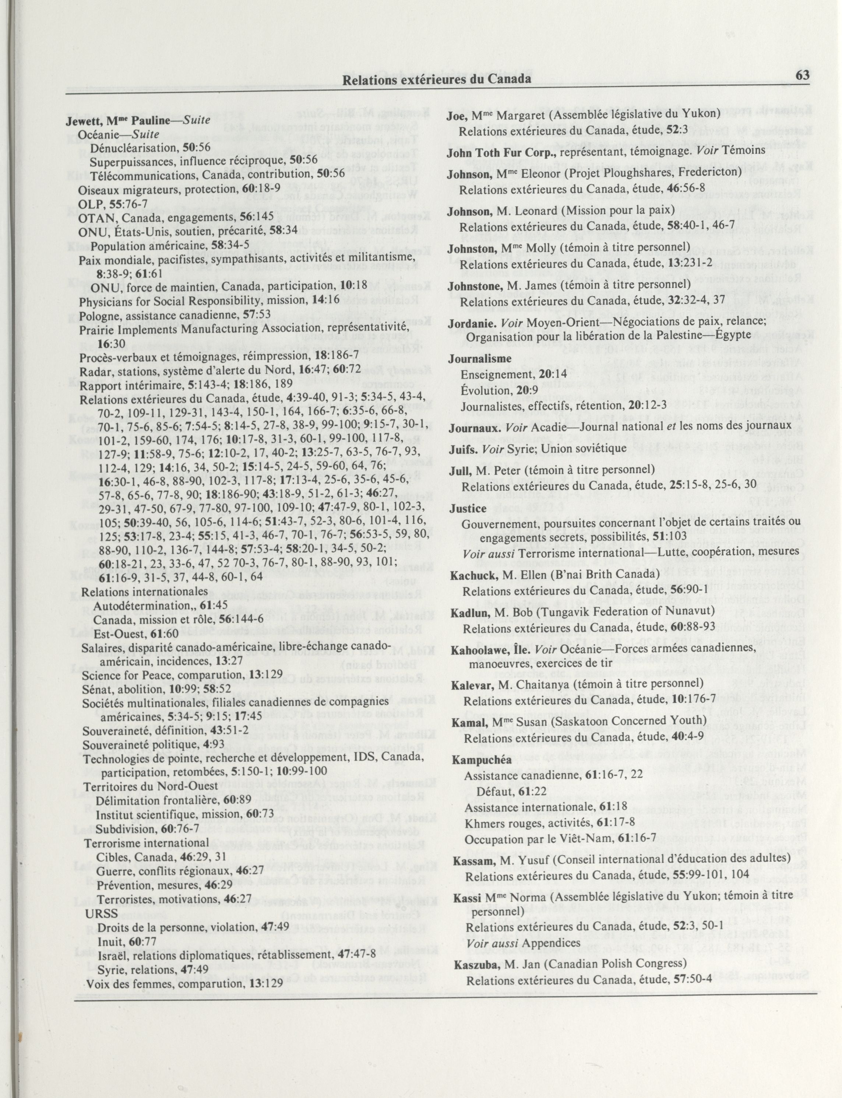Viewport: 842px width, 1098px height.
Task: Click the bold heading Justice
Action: (467, 508)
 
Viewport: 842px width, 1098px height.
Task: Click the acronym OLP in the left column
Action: (88, 204)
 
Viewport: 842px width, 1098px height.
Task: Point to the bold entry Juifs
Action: (461, 448)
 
